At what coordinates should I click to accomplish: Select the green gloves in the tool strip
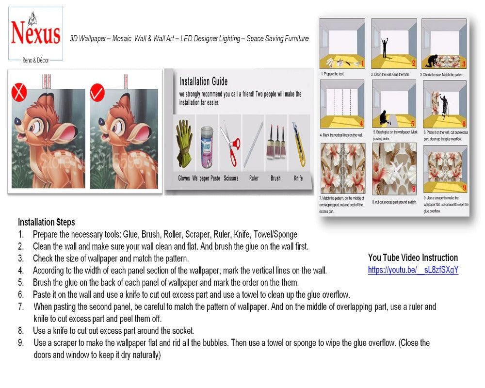(184, 143)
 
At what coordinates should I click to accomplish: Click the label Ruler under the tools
(254, 178)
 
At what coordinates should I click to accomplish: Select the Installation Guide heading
(203, 81)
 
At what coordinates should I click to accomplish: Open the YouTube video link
(413, 270)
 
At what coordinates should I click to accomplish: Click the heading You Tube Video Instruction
(413, 258)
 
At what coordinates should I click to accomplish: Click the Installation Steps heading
(47, 222)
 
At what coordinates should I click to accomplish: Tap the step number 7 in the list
(21, 307)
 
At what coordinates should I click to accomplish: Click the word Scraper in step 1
(197, 234)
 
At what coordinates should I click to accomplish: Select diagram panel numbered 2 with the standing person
(393, 44)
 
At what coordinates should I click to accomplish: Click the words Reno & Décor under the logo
(36, 60)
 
